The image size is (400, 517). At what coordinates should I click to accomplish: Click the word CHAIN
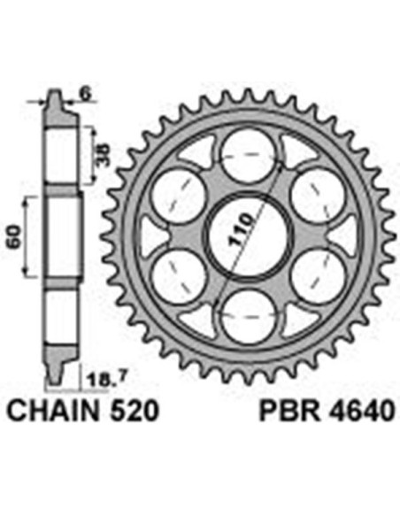53,411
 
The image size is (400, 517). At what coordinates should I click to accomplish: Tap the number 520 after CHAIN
134,411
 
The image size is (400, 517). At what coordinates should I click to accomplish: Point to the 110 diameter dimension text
241,229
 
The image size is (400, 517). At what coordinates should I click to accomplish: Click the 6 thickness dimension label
86,95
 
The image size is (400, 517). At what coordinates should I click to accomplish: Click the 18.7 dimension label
103,381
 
